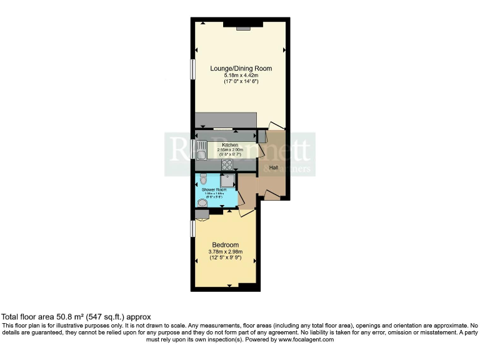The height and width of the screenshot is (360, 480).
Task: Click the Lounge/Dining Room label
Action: [x=241, y=68]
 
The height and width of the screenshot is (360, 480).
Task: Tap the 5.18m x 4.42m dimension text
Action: [x=241, y=75]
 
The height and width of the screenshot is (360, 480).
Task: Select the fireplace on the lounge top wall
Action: [x=243, y=27]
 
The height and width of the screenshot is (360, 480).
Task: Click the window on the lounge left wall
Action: [x=193, y=69]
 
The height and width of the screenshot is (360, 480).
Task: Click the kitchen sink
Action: [x=202, y=150]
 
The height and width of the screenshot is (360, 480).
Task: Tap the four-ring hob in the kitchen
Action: [x=227, y=165]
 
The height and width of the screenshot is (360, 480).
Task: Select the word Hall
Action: [x=274, y=168]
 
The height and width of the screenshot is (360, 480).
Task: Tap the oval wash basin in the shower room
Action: [x=202, y=202]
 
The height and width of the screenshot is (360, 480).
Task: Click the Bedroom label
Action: [x=225, y=244]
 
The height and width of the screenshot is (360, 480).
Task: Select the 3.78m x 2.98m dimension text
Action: [x=225, y=252]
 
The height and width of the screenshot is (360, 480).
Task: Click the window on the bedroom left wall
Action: [x=193, y=228]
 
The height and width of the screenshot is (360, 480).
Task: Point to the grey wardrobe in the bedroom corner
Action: [x=202, y=214]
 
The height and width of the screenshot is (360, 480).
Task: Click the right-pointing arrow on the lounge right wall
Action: [x=284, y=50]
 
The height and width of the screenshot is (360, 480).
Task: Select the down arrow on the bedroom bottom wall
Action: [x=229, y=286]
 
